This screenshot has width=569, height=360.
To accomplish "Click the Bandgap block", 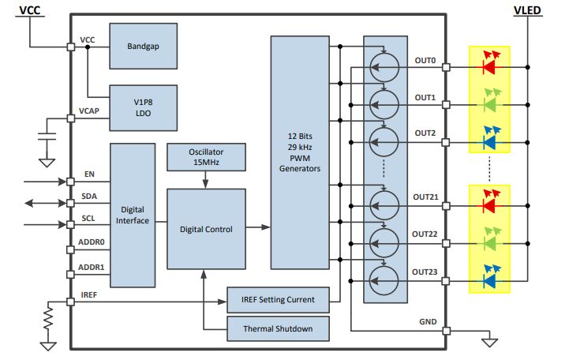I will (143, 46).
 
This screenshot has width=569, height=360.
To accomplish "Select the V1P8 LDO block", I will (143, 107).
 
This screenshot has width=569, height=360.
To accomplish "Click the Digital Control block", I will (206, 229).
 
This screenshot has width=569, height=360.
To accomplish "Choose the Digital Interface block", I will (132, 215).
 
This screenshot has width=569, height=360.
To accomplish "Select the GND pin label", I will (427, 322).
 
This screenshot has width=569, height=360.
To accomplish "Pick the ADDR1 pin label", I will (93, 268).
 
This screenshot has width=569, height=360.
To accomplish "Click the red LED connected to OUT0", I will (489, 67).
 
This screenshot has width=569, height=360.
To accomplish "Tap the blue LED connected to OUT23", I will (489, 279).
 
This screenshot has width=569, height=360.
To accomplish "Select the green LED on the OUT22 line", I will (489, 243).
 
